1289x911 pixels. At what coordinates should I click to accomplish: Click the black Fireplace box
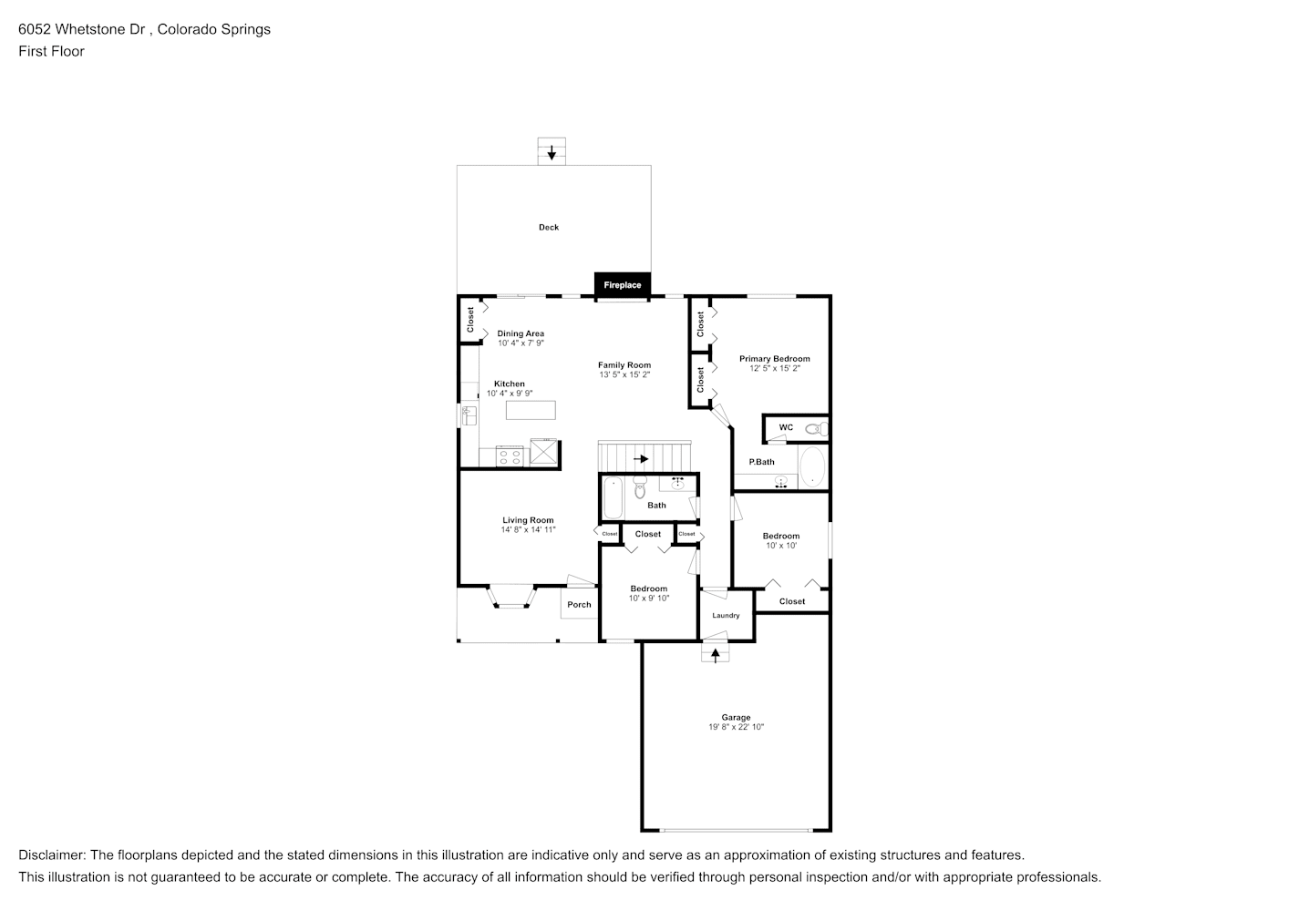point(622,284)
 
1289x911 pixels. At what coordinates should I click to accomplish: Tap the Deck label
point(549,227)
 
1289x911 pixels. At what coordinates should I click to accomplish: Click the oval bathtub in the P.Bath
point(812,467)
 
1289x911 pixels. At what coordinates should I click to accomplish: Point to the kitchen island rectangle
point(531,410)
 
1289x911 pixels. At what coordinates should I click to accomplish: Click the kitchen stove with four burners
point(510,455)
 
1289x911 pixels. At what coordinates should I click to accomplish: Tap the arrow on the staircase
point(641,459)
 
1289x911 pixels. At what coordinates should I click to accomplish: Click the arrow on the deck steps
point(551,152)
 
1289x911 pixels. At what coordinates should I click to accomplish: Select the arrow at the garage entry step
point(716,653)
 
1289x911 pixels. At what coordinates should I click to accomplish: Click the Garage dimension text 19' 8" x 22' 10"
point(736,727)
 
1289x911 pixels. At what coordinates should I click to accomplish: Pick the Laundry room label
point(726,616)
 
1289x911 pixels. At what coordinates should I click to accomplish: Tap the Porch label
point(579,604)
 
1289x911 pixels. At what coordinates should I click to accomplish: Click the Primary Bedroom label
point(774,359)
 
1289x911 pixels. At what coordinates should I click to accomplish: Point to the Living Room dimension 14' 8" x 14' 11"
point(528,529)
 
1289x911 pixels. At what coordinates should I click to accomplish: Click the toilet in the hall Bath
point(639,489)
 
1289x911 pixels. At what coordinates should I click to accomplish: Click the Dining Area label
point(521,333)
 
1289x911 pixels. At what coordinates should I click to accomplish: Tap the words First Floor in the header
point(51,51)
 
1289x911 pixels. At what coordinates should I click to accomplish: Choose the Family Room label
point(624,365)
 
